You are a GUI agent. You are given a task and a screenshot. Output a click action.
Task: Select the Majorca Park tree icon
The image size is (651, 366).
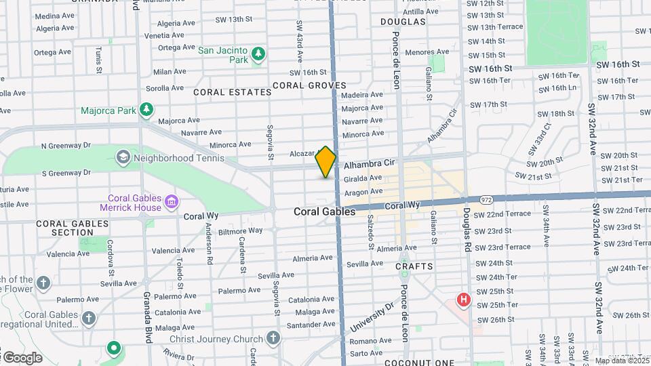point(146,110)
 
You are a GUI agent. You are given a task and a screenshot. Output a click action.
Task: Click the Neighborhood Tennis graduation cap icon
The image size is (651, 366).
point(123,158)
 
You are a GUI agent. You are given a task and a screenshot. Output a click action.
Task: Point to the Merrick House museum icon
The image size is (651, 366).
point(172,202)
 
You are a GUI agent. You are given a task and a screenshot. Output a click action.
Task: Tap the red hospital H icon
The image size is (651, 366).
point(464,299)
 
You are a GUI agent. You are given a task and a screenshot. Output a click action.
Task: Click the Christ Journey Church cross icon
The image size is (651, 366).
point(273,338)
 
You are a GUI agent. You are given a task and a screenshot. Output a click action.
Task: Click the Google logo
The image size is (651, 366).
point(22,357)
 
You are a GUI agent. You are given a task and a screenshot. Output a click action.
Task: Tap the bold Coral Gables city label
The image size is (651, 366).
point(324,211)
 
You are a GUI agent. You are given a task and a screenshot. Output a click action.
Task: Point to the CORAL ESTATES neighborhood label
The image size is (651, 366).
point(223,91)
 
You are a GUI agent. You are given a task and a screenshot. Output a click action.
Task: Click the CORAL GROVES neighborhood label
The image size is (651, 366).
point(309,85)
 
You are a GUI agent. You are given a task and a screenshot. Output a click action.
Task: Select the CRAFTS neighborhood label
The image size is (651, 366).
point(414,266)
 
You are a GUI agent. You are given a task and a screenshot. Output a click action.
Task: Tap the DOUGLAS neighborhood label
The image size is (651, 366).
point(403,22)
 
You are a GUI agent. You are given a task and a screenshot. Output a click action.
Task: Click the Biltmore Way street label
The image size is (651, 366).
point(241,230)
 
